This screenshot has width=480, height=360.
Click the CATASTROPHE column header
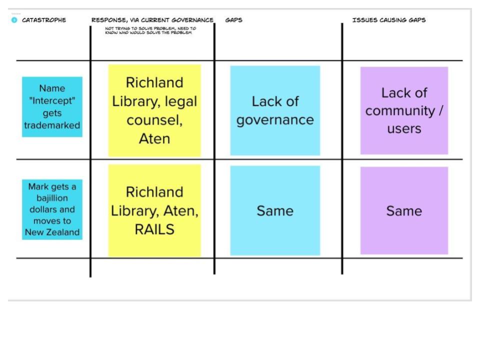point(44,20)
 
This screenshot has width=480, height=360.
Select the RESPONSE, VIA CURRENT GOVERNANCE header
point(152,20)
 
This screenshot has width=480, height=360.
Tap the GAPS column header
point(233,20)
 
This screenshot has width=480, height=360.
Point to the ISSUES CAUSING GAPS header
point(389,20)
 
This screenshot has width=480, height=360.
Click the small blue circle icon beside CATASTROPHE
point(14,20)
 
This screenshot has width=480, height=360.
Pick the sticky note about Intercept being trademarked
point(52,106)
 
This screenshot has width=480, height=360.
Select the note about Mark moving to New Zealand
point(52,209)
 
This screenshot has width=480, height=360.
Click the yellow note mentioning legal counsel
point(154,110)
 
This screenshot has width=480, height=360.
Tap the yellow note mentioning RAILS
point(154,210)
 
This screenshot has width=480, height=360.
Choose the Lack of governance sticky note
point(275,110)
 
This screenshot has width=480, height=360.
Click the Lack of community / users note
point(404,110)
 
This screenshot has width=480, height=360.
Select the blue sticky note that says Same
point(275,210)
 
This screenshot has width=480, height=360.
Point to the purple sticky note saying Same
point(404,210)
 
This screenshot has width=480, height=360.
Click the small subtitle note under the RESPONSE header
point(150,30)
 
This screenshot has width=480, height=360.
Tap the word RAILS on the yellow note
point(154,229)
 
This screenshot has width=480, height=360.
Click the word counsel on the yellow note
point(154,120)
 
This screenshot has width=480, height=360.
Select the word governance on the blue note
point(275,120)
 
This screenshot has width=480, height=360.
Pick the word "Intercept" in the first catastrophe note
point(52,101)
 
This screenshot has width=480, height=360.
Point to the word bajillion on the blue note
point(52,198)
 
